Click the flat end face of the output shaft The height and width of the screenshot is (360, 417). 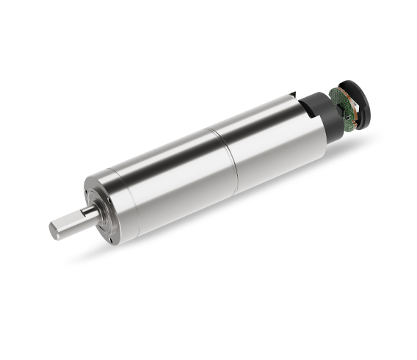pos(55,230)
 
